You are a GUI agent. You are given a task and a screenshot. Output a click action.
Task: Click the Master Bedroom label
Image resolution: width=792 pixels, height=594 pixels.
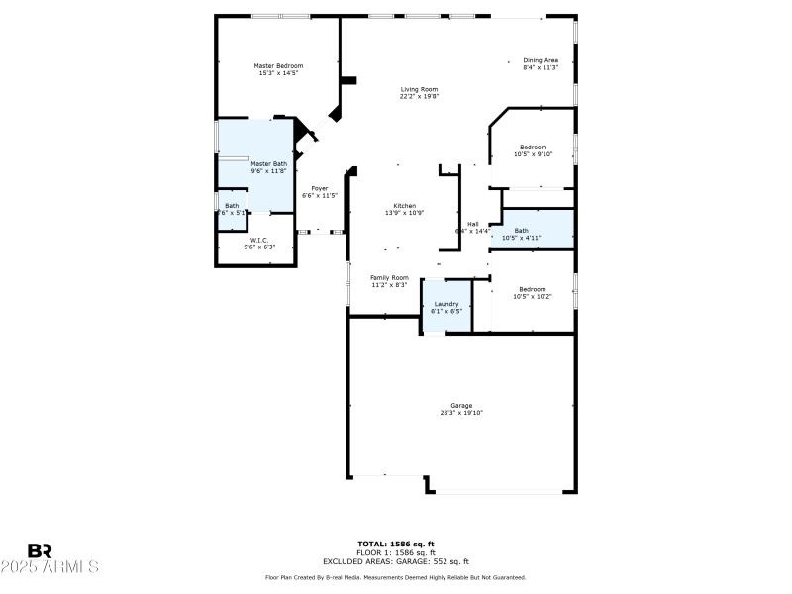(278, 65)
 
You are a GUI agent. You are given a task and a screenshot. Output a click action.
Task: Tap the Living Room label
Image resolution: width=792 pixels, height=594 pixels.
(419, 89)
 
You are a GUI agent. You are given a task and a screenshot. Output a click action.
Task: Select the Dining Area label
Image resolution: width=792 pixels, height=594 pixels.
(541, 60)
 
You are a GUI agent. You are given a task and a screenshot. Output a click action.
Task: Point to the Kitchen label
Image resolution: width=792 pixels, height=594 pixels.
(404, 206)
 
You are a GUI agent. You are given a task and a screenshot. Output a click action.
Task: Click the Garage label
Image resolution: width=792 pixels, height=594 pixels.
(461, 405)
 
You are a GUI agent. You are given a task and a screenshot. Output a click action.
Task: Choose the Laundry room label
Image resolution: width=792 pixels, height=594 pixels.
(446, 304)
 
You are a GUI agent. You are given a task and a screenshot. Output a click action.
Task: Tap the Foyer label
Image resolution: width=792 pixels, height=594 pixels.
(320, 188)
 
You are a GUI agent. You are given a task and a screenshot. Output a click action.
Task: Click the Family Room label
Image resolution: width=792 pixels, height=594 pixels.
(389, 278)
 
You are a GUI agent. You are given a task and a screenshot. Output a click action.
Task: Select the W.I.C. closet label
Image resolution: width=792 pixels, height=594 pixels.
(259, 240)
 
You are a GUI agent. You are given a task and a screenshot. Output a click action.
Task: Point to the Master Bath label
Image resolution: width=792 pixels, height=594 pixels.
(268, 164)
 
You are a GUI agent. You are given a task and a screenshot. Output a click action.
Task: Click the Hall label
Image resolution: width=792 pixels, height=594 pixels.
(473, 224)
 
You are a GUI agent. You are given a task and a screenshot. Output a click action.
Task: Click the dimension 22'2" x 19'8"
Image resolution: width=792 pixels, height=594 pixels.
(419, 96)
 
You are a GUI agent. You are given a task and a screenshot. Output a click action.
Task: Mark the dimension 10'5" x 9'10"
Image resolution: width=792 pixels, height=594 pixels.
(534, 154)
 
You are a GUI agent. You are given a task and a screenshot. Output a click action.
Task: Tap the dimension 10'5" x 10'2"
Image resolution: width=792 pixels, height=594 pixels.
(533, 296)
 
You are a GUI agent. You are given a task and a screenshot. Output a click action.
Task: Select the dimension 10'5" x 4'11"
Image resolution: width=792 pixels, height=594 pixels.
(521, 238)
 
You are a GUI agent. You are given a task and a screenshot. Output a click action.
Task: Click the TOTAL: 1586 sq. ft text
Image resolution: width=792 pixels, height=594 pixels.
(396, 544)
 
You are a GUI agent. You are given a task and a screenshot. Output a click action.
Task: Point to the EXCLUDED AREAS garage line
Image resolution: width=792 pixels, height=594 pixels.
(396, 561)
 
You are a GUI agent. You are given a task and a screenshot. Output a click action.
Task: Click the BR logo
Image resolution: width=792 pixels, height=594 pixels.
(40, 550)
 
